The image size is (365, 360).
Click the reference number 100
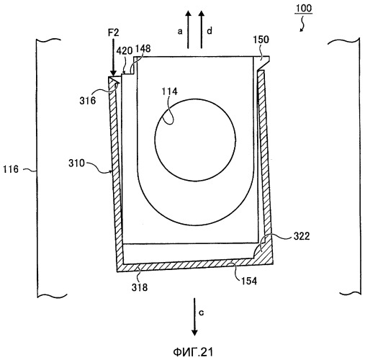[x=303, y=9]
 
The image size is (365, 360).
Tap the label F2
[x=113, y=32]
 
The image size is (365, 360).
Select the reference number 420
[x=125, y=51]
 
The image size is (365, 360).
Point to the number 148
[x=143, y=49]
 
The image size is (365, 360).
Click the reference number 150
[x=261, y=40]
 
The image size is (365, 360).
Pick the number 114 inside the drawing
[x=169, y=91]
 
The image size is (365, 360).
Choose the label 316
[x=88, y=101]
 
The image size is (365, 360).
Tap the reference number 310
[x=76, y=163]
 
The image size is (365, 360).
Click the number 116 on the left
[x=11, y=169]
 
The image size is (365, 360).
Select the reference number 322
[x=302, y=236]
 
